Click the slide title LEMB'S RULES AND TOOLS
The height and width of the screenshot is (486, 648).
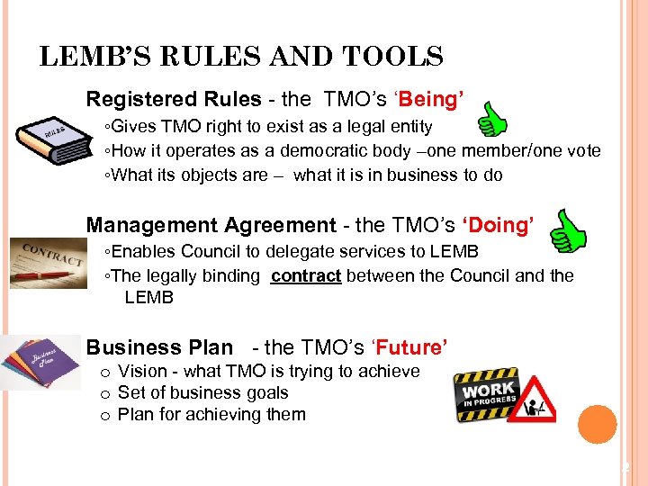tap(241, 58)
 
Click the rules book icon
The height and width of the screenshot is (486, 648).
tap(54, 142)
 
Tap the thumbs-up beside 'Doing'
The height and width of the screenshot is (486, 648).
tap(567, 230)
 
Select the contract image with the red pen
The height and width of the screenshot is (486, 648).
tap(48, 263)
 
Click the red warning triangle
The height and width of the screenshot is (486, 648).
tap(536, 401)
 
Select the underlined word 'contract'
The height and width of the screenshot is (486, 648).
tap(306, 276)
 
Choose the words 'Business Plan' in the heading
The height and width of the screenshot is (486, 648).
tap(159, 347)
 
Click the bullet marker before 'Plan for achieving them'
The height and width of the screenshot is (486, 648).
tap(105, 415)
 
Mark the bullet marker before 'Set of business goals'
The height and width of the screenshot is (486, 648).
tap(105, 393)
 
